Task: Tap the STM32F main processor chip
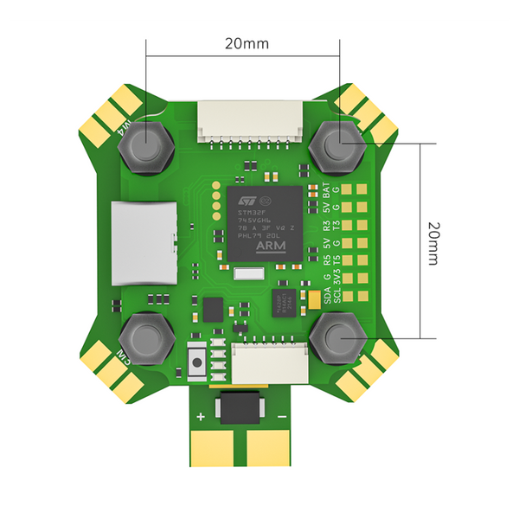(x=265, y=222)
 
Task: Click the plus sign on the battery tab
(x=201, y=416)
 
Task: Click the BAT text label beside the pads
(x=326, y=189)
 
